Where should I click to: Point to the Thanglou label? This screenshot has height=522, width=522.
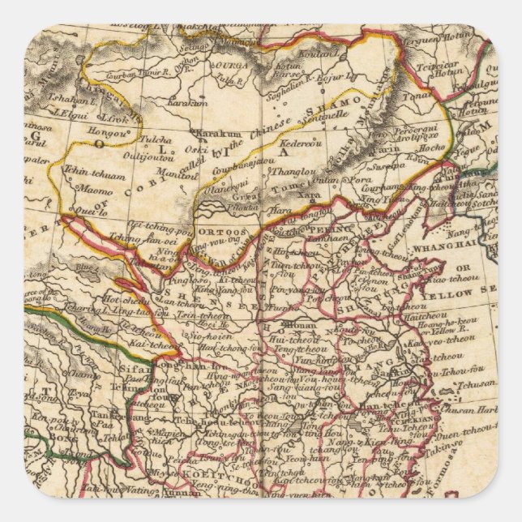click(289, 171)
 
